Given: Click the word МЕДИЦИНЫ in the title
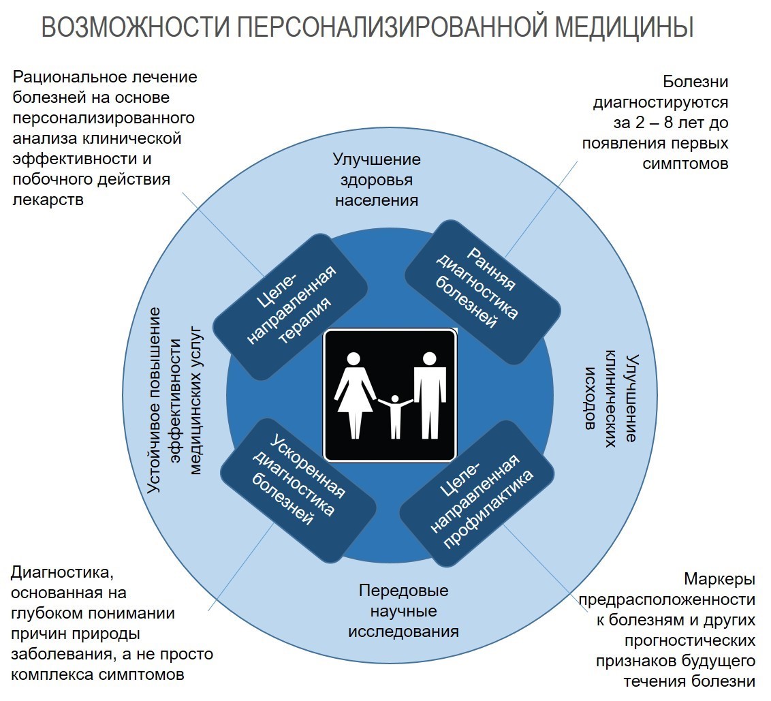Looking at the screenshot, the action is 624,27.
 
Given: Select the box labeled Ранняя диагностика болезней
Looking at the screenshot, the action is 483,292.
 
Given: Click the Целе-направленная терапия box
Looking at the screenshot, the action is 290,307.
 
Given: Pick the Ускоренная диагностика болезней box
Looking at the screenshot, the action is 298,490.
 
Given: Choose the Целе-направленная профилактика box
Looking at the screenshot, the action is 477,493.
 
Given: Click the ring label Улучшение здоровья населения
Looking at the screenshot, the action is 377,180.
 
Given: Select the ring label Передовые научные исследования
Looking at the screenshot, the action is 404,610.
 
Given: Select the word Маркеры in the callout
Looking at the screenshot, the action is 719,579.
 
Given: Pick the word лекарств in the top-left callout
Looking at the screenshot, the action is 48,200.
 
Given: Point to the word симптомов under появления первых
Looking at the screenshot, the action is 685,163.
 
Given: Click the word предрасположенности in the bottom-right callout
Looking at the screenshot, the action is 667,600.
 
